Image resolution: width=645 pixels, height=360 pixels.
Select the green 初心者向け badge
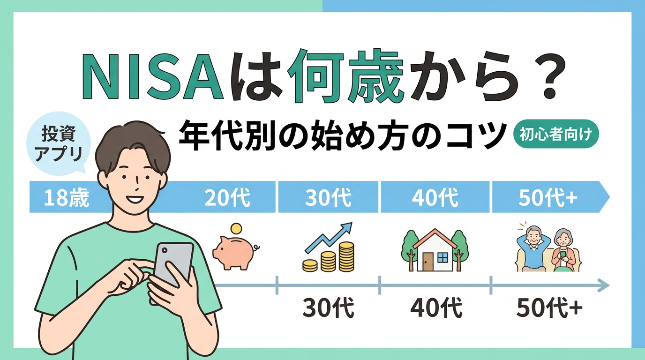[x=556, y=135]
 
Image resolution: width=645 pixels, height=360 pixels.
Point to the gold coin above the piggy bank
[x=237, y=229]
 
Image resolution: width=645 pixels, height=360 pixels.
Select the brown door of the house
[x=428, y=261]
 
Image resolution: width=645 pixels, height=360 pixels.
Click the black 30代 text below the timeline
[x=328, y=308]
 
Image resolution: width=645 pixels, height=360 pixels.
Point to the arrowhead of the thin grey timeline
[x=605, y=285]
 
